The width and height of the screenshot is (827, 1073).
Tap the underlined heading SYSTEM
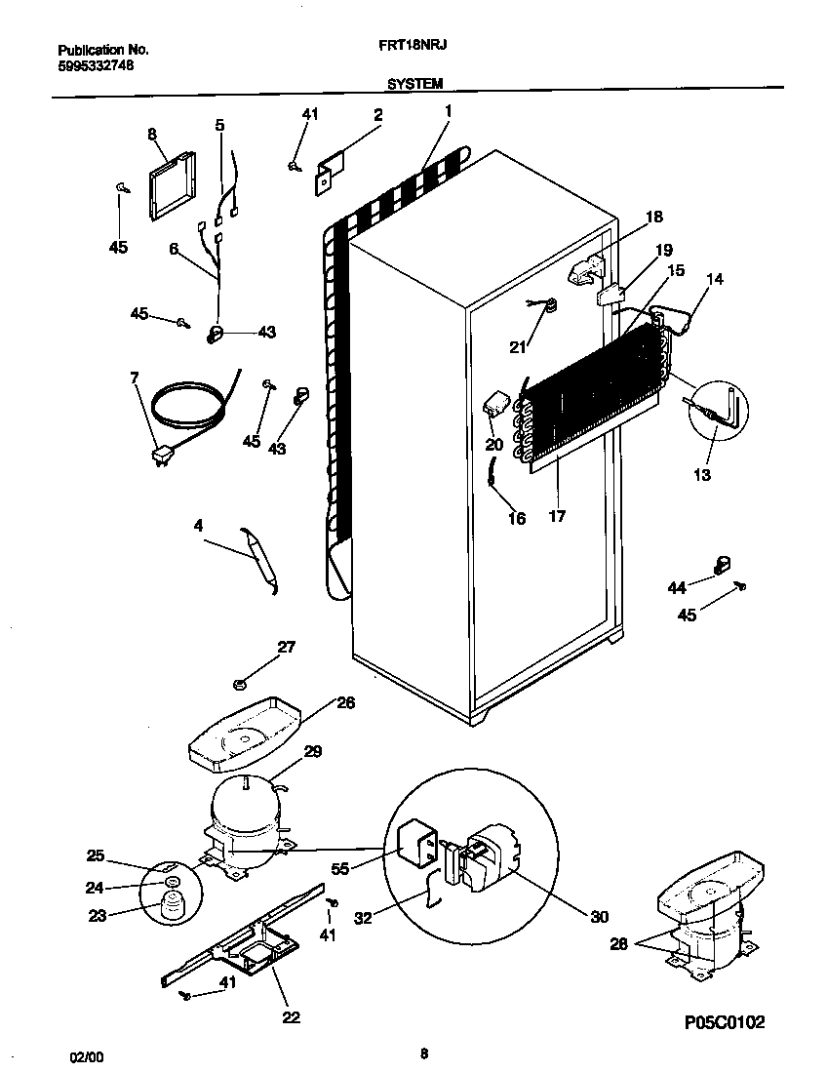pos(414,85)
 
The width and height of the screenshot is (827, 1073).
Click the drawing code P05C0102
pos(723,1022)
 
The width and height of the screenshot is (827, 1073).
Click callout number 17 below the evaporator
pos(557,516)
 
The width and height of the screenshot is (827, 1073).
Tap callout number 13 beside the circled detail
pos(702,475)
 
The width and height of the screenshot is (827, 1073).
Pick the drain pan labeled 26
pos(243,727)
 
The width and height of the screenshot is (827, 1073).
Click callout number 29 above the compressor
pos(313,751)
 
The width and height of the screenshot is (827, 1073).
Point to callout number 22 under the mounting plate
pos(292,1016)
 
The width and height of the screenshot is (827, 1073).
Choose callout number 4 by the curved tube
pos(198,526)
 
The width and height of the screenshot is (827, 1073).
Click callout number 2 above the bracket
pos(377,114)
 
